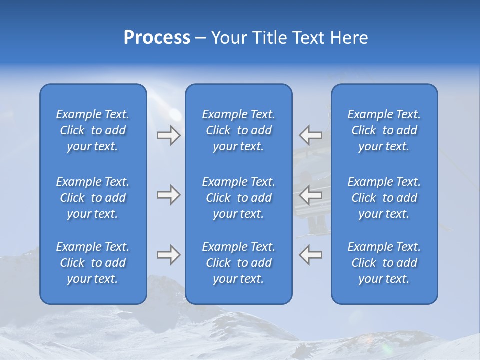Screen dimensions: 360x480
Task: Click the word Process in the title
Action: tap(157, 38)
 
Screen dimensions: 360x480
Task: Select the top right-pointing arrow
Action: tap(168, 135)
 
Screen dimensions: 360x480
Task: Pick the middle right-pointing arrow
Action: tap(168, 195)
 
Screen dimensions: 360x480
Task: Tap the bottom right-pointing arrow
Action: tap(168, 255)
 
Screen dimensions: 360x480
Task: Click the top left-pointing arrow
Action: tap(310, 135)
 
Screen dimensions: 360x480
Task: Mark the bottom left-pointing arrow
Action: tap(310, 255)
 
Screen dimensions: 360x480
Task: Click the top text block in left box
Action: tap(93, 130)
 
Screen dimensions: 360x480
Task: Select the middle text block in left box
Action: tap(93, 198)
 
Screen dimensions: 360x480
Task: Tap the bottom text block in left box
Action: tap(93, 263)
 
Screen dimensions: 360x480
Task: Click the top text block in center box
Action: tap(239, 130)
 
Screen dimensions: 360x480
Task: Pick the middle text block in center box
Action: tap(239, 198)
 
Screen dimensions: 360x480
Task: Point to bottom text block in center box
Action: tap(239, 263)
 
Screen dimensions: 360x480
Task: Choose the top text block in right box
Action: tap(384, 130)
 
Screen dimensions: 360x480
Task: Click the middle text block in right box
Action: tap(384, 198)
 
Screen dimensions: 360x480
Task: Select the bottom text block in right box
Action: tap(384, 263)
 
